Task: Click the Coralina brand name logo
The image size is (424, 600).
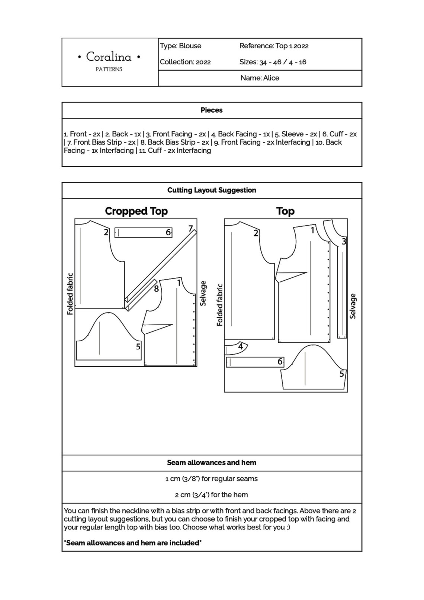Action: coord(109,57)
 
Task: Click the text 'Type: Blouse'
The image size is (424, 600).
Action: coord(180,46)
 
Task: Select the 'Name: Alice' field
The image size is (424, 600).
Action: coord(260,78)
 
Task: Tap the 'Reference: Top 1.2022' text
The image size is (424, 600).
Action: coord(274,46)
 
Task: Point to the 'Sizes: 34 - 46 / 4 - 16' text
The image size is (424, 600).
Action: coord(273,62)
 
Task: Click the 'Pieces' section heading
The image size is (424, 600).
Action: coord(211,110)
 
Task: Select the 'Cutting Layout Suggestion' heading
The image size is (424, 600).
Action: coord(211,190)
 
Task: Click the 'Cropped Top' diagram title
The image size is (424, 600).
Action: coord(136,211)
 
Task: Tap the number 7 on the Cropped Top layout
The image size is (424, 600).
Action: coord(190,228)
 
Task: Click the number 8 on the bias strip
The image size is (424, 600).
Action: coord(156,288)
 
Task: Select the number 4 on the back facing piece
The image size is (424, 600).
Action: coord(240,346)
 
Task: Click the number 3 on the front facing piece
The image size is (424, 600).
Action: coord(344,242)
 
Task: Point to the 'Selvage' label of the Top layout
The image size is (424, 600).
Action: coord(353,306)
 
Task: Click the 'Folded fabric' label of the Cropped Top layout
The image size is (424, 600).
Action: coord(70,294)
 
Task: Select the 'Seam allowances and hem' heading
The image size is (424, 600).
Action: coord(211,463)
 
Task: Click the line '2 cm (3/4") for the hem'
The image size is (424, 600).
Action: coord(211,495)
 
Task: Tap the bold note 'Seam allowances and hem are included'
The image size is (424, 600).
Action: coord(133,543)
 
